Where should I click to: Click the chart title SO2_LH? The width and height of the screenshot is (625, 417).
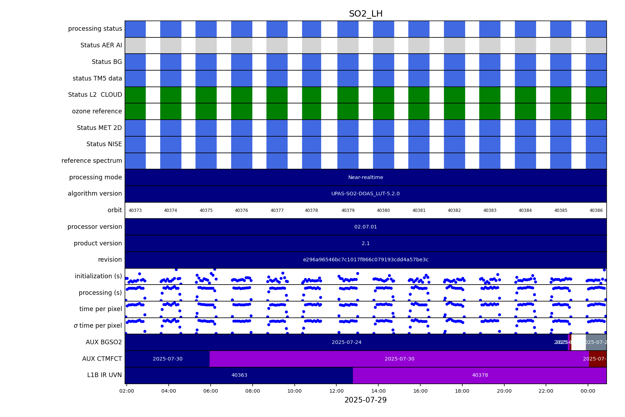(366, 14)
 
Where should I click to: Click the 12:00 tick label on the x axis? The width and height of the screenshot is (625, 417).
(336, 391)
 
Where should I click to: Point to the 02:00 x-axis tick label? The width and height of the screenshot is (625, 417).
(127, 391)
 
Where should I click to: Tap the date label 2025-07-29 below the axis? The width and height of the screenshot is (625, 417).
(366, 400)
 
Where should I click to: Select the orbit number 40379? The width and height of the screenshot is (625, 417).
(348, 210)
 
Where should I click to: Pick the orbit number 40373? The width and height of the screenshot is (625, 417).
(135, 210)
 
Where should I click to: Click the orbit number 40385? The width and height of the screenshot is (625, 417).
(561, 210)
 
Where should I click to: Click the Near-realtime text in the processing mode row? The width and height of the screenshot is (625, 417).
(366, 177)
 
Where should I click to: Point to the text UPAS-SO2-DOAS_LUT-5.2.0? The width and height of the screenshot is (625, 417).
(366, 193)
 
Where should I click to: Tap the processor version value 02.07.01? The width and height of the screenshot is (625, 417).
(366, 227)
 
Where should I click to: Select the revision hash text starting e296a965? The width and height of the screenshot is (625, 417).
(366, 260)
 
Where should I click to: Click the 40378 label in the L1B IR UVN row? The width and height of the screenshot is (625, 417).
(480, 375)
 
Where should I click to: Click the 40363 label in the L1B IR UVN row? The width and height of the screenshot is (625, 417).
(239, 375)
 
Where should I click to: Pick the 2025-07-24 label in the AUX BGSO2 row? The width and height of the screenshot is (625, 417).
(347, 342)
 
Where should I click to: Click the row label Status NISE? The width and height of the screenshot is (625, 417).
(104, 144)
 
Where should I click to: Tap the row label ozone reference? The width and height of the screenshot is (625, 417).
(97, 111)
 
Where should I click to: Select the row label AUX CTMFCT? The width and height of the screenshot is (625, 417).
(102, 359)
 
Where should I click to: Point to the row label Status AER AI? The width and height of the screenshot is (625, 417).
(101, 45)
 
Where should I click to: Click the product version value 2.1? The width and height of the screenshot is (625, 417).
(366, 243)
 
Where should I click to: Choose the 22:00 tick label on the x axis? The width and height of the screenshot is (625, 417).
(546, 391)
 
